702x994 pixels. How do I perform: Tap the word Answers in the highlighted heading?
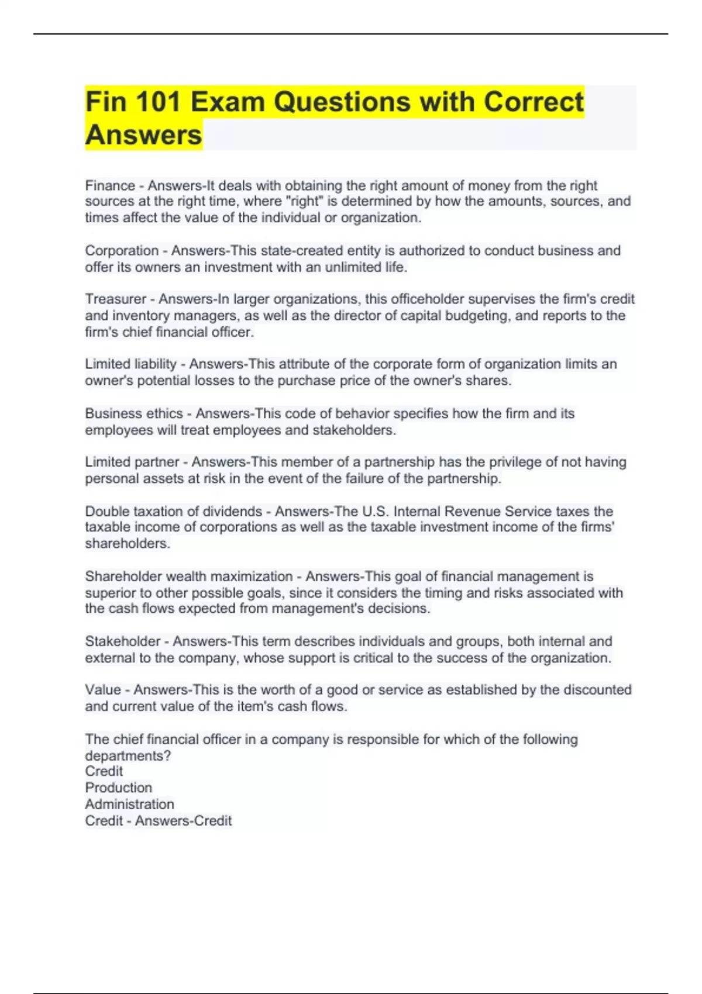143,134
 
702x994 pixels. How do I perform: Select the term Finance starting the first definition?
110,185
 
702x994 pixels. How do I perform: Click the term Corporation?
122,250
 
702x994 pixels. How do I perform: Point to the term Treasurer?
115,299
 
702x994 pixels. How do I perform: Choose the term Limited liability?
130,364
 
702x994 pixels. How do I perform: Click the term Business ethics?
134,413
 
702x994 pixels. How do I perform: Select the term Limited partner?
132,462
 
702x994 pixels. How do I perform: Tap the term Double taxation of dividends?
173,511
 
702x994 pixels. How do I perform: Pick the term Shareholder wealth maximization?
188,576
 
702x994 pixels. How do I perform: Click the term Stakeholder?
122,641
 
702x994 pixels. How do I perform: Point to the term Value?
102,690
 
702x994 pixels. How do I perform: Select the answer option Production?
118,788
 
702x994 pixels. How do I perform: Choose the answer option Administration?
129,804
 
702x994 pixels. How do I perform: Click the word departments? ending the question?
128,755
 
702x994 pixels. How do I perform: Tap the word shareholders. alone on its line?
128,543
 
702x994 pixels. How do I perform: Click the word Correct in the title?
533,102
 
